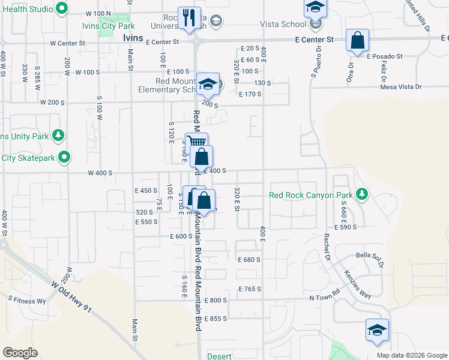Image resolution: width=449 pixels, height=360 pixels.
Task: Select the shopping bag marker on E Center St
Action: tap(357, 41)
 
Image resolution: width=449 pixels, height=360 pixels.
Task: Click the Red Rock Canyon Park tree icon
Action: tap(361, 194)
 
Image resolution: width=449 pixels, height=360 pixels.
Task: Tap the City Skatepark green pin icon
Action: tap(64, 158)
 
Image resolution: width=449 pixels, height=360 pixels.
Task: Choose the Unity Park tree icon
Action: tap(58, 136)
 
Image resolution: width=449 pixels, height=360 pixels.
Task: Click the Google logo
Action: tap(20, 353)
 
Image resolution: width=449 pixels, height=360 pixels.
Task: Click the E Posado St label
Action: tap(385, 56)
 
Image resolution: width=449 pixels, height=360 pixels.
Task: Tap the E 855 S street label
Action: tap(215, 319)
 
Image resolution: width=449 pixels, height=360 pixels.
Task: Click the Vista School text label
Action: tap(282, 24)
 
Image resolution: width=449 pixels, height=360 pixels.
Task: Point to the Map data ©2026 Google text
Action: tap(411, 355)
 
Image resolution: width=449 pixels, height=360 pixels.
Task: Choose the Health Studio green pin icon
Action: tap(61, 8)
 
